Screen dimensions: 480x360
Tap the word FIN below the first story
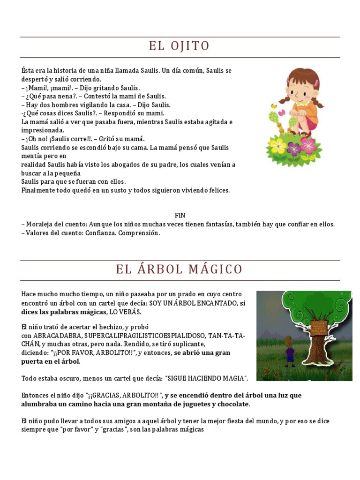180,216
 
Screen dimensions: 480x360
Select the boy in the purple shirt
290,354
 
